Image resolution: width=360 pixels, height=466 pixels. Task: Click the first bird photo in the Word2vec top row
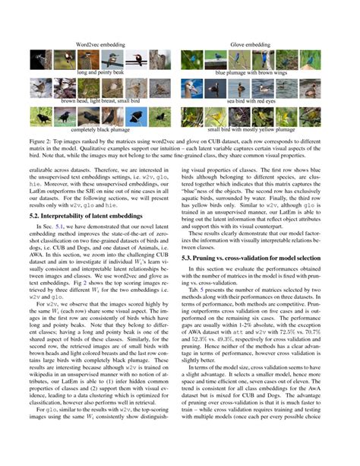coord(41,59)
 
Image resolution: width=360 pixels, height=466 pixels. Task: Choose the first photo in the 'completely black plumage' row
coord(41,116)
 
